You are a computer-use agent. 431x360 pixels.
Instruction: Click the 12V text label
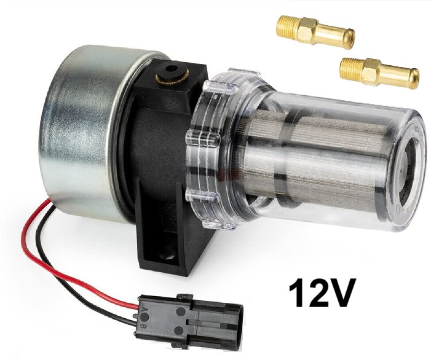pos(320,292)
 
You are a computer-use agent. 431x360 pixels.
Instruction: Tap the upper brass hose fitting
pos(315,33)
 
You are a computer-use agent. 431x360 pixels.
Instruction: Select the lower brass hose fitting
pos(379,71)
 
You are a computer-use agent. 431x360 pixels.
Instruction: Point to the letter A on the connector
pos(143,310)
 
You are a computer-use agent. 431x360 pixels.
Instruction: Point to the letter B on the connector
pos(143,327)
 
